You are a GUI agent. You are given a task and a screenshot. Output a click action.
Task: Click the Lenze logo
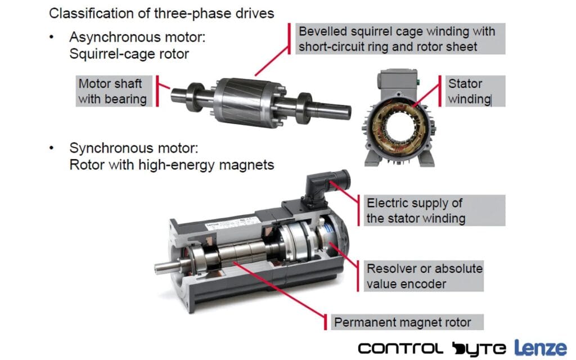pos(540,348)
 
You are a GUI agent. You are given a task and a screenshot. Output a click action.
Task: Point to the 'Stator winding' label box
pos(475,91)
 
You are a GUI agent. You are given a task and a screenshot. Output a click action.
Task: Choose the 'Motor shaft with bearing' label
pos(114,91)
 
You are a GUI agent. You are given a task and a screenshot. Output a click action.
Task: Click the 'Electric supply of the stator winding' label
pos(434,210)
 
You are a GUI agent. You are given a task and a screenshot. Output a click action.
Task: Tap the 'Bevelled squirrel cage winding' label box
pos(400,39)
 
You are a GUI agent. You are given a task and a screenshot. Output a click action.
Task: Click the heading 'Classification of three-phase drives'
pos(161,13)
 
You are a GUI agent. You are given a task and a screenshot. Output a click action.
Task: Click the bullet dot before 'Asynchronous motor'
pos(52,37)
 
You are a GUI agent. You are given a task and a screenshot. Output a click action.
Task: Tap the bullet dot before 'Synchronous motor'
pos(52,148)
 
